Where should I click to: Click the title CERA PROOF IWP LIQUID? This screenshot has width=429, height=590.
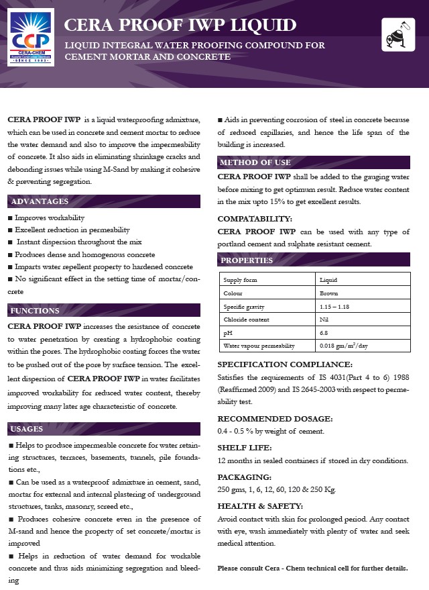[x=180, y=26]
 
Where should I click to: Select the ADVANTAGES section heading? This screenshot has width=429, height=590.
[x=40, y=201]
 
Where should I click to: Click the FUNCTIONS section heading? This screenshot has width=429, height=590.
[x=36, y=310]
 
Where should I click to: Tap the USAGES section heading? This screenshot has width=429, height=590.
[x=27, y=429]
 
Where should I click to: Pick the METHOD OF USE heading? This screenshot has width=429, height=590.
[x=255, y=162]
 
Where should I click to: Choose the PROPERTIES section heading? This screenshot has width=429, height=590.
[x=247, y=260]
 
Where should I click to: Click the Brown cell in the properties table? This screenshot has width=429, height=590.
[x=329, y=293]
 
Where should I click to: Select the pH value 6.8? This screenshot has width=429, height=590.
[x=324, y=333]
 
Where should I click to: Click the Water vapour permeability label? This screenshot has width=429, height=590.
[x=259, y=346]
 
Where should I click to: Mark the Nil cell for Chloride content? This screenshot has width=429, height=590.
[x=324, y=319]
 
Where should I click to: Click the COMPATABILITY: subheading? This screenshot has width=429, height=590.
[x=255, y=219]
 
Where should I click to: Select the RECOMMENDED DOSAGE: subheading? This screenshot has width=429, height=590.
[x=275, y=418]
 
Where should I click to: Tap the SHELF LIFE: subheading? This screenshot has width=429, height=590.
[x=243, y=448]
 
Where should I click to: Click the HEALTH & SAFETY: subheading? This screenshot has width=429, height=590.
[x=260, y=506]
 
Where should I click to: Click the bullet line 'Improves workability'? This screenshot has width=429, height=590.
[x=50, y=218]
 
